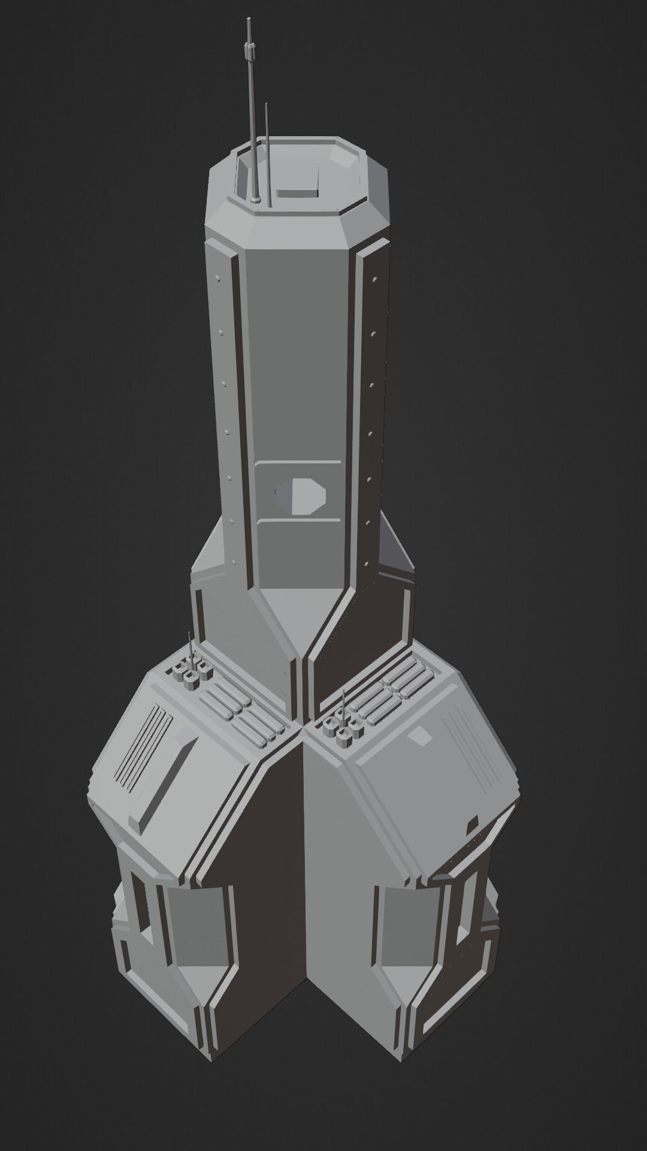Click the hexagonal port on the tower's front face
click(x=301, y=496)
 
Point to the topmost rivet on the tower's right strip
click(x=374, y=280)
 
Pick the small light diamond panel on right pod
click(x=422, y=736)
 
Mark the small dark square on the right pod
click(x=473, y=825)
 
